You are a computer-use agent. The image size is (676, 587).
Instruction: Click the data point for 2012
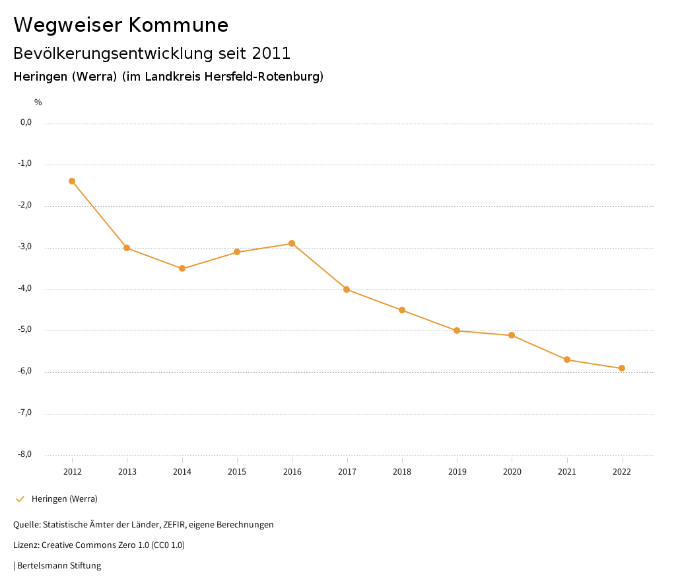[x=72, y=181]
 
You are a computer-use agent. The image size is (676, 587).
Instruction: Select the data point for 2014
[x=182, y=268]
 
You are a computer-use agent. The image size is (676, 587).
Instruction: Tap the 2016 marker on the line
[x=292, y=243]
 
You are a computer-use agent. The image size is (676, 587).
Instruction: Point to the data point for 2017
[x=347, y=290]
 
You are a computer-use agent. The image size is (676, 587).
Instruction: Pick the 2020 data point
[x=512, y=335]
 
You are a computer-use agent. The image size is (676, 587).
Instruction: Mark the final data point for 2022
[x=622, y=368]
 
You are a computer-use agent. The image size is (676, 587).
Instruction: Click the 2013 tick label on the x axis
[x=127, y=472]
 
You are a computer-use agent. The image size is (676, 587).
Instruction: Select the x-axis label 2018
[x=402, y=472]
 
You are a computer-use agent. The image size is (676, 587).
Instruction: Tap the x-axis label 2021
[x=567, y=472]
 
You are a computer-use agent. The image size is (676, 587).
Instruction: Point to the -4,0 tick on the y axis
[x=26, y=289]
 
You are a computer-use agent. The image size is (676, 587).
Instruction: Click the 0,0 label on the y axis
[x=26, y=122]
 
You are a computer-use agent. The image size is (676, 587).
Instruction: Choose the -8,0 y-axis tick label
[x=26, y=454]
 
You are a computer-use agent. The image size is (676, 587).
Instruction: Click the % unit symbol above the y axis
[x=38, y=102]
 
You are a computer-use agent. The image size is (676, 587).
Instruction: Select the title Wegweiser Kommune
[x=121, y=25]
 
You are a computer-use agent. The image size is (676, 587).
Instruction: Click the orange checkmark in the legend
[x=20, y=499]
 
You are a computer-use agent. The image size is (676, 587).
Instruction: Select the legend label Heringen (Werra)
[x=65, y=499]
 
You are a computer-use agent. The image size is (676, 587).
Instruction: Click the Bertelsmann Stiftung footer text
[x=59, y=566]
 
